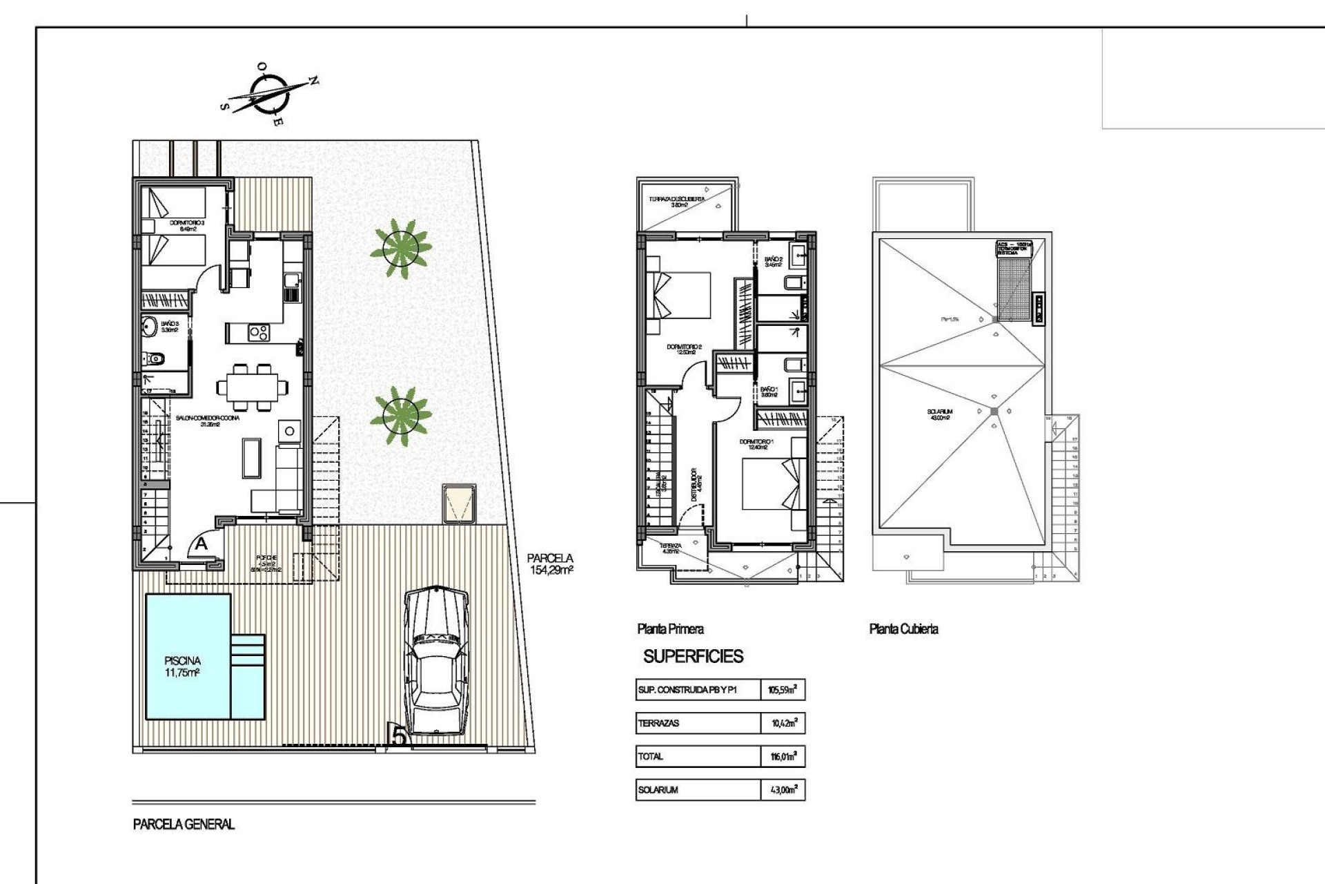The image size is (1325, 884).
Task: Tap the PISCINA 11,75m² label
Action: [182, 666]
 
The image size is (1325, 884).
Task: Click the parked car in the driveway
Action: [435, 662]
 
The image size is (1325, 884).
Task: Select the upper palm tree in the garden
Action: [400, 248]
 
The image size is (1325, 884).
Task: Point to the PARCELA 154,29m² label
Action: [550, 564]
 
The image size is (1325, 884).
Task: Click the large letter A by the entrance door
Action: [201, 544]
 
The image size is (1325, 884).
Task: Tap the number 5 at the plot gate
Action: [398, 736]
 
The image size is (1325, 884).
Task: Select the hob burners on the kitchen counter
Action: [259, 333]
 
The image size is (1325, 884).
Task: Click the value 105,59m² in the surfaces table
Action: [783, 689]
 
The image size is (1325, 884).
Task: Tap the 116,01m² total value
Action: [783, 756]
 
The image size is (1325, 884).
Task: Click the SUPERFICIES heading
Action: [693, 656]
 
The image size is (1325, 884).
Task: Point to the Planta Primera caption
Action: [670, 628]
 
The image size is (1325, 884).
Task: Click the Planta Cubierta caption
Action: [903, 628]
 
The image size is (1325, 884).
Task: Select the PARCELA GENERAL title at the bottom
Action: [184, 824]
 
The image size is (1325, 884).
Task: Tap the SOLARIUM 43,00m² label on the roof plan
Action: [939, 414]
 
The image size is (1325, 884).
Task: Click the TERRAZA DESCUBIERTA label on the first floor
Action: [677, 202]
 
